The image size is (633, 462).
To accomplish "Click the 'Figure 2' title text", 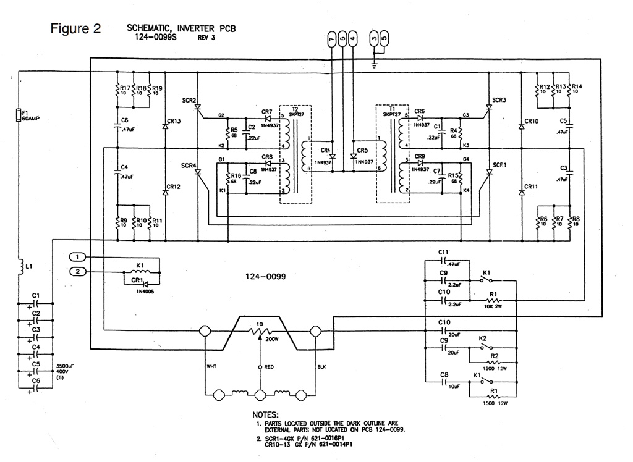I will tap(76, 30).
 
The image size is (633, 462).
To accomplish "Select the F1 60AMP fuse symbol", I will tap(19, 115).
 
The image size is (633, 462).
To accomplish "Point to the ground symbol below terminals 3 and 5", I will tap(374, 61).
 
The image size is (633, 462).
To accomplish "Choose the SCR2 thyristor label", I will tap(189, 100).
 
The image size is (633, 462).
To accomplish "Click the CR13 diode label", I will tap(174, 121).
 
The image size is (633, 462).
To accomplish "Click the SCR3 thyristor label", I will tap(499, 99).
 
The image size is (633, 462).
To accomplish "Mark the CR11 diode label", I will tap(531, 187).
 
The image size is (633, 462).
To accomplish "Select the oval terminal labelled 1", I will tap(77, 257).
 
